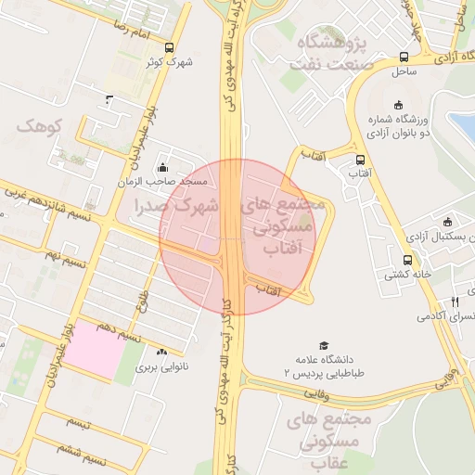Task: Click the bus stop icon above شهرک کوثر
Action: [168, 47]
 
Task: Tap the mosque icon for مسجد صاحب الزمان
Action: [163, 168]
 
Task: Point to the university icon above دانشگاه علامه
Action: [324, 345]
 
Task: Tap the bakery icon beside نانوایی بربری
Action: [162, 353]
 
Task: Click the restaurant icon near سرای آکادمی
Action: [455, 302]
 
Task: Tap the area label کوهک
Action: [39, 124]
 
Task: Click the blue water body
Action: [463, 125]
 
